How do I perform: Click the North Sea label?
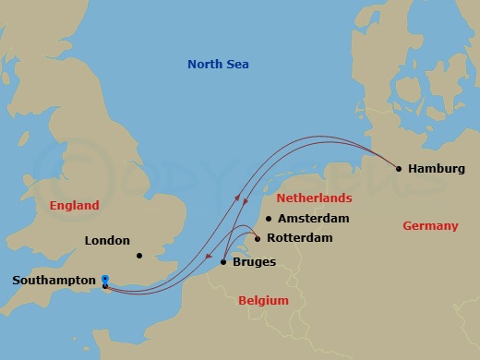coord(218,64)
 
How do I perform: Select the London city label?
coord(107,241)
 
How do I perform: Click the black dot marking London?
coord(138,256)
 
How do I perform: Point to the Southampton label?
coord(54,280)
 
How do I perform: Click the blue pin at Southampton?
coord(105,280)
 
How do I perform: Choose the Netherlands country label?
coord(316,198)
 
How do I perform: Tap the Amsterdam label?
coord(315,219)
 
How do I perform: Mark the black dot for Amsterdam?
coord(269,219)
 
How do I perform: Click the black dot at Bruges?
coord(223,263)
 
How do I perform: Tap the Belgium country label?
coord(263,301)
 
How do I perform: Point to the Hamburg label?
coord(436,169)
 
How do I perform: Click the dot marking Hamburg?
coord(399,169)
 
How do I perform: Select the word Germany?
coord(430,226)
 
